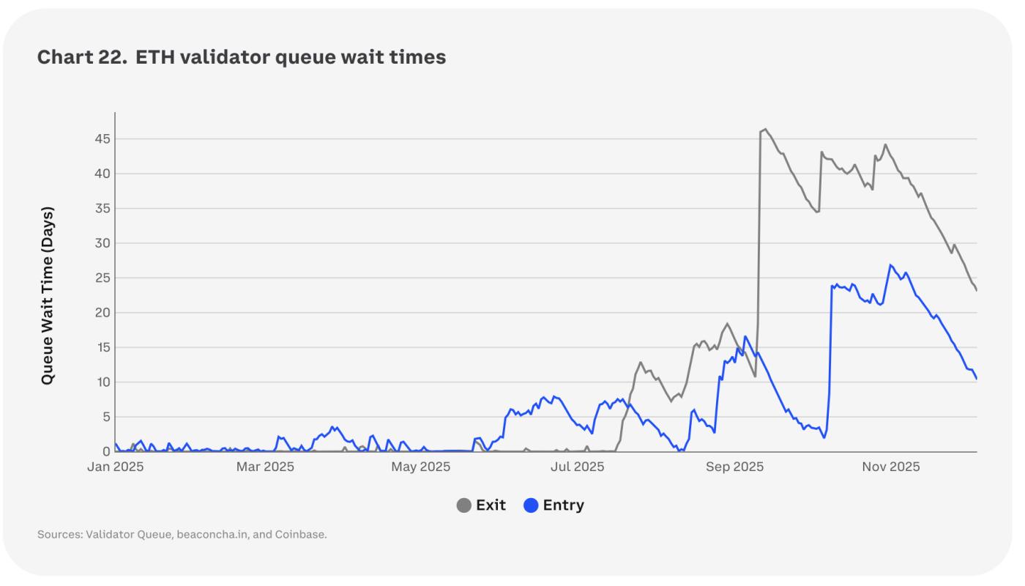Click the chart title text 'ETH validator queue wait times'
click(291, 57)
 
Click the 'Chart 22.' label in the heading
click(81, 57)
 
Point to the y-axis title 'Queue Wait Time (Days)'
click(48, 295)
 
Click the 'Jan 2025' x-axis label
click(115, 467)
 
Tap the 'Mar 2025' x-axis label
click(264, 467)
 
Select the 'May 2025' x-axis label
click(420, 467)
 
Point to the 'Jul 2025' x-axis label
click(578, 467)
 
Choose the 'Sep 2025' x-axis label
click(734, 467)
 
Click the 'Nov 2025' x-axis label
click(890, 467)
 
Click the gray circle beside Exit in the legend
click(463, 505)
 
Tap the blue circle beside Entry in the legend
click(531, 505)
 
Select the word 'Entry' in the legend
click(563, 505)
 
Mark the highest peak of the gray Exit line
click(765, 130)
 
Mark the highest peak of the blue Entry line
click(890, 265)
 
